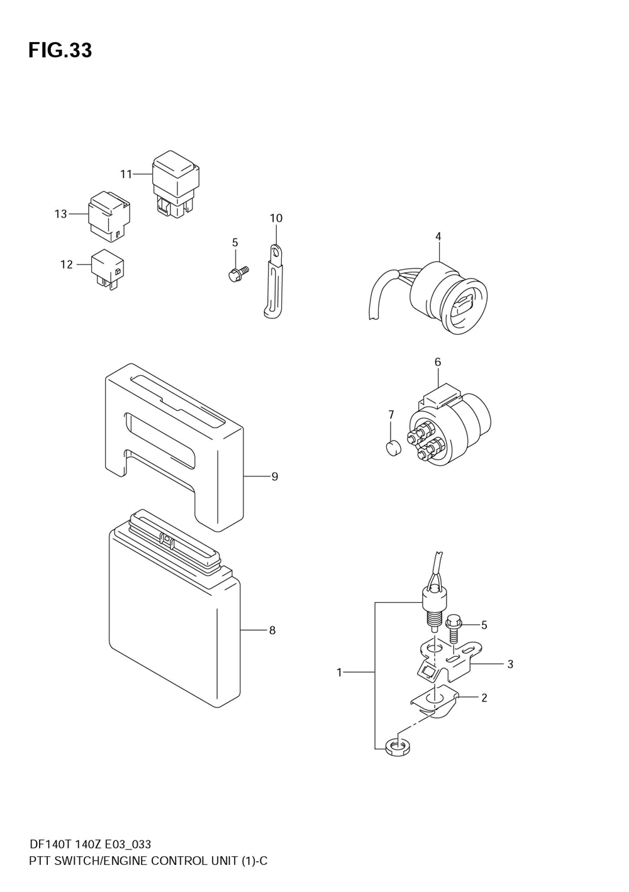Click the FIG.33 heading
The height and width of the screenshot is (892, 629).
click(60, 50)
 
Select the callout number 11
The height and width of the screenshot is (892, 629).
click(126, 173)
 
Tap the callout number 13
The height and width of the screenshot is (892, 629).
click(60, 214)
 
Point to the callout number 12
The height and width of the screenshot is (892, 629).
click(67, 265)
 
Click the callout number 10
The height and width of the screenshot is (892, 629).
click(276, 218)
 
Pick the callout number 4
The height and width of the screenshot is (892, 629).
click(438, 236)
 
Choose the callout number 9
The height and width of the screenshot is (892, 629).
click(275, 476)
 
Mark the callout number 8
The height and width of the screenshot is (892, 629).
click(272, 630)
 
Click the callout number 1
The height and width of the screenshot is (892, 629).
click(339, 673)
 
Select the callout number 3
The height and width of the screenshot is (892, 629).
click(510, 664)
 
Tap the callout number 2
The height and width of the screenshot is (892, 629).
click(484, 697)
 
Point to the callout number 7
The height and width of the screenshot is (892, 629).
click(391, 414)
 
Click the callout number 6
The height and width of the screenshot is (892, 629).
click(438, 362)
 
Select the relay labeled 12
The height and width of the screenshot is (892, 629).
click(108, 269)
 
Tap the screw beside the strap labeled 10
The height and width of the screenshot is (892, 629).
click(237, 273)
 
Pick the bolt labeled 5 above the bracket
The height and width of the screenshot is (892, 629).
click(454, 629)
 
